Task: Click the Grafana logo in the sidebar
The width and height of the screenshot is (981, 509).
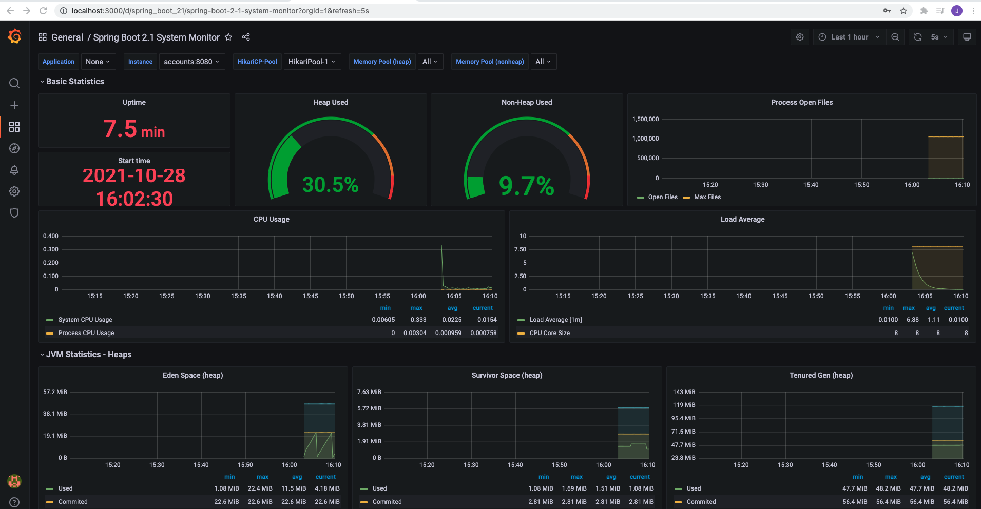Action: (14, 36)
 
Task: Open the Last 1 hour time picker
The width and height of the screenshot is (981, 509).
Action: (849, 37)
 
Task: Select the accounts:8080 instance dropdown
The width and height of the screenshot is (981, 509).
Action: (191, 62)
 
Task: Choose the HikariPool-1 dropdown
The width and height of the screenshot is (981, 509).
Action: (312, 62)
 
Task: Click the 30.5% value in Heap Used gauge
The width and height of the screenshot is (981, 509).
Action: (330, 185)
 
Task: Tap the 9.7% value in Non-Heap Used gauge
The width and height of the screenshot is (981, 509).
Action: (526, 186)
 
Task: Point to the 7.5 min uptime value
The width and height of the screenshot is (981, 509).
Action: (134, 129)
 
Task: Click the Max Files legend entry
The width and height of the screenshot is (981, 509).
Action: (707, 197)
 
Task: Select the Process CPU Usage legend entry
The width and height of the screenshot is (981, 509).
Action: (86, 333)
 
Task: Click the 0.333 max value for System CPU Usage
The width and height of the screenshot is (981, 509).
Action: (418, 320)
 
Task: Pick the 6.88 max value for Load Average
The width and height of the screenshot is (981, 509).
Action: (912, 320)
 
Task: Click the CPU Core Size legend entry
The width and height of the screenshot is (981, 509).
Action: (549, 333)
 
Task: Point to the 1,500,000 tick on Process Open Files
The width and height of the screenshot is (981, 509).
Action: (645, 119)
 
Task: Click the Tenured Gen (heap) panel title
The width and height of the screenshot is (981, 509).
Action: (820, 375)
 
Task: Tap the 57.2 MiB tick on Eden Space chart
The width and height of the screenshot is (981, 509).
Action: (55, 392)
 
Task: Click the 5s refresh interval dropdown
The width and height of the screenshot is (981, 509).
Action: (938, 37)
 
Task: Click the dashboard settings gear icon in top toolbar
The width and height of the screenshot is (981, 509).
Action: (799, 37)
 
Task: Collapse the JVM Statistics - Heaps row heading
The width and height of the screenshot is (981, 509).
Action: (88, 355)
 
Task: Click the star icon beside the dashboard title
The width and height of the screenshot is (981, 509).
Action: (228, 37)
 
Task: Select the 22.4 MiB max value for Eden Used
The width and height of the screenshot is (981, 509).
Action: (260, 488)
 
